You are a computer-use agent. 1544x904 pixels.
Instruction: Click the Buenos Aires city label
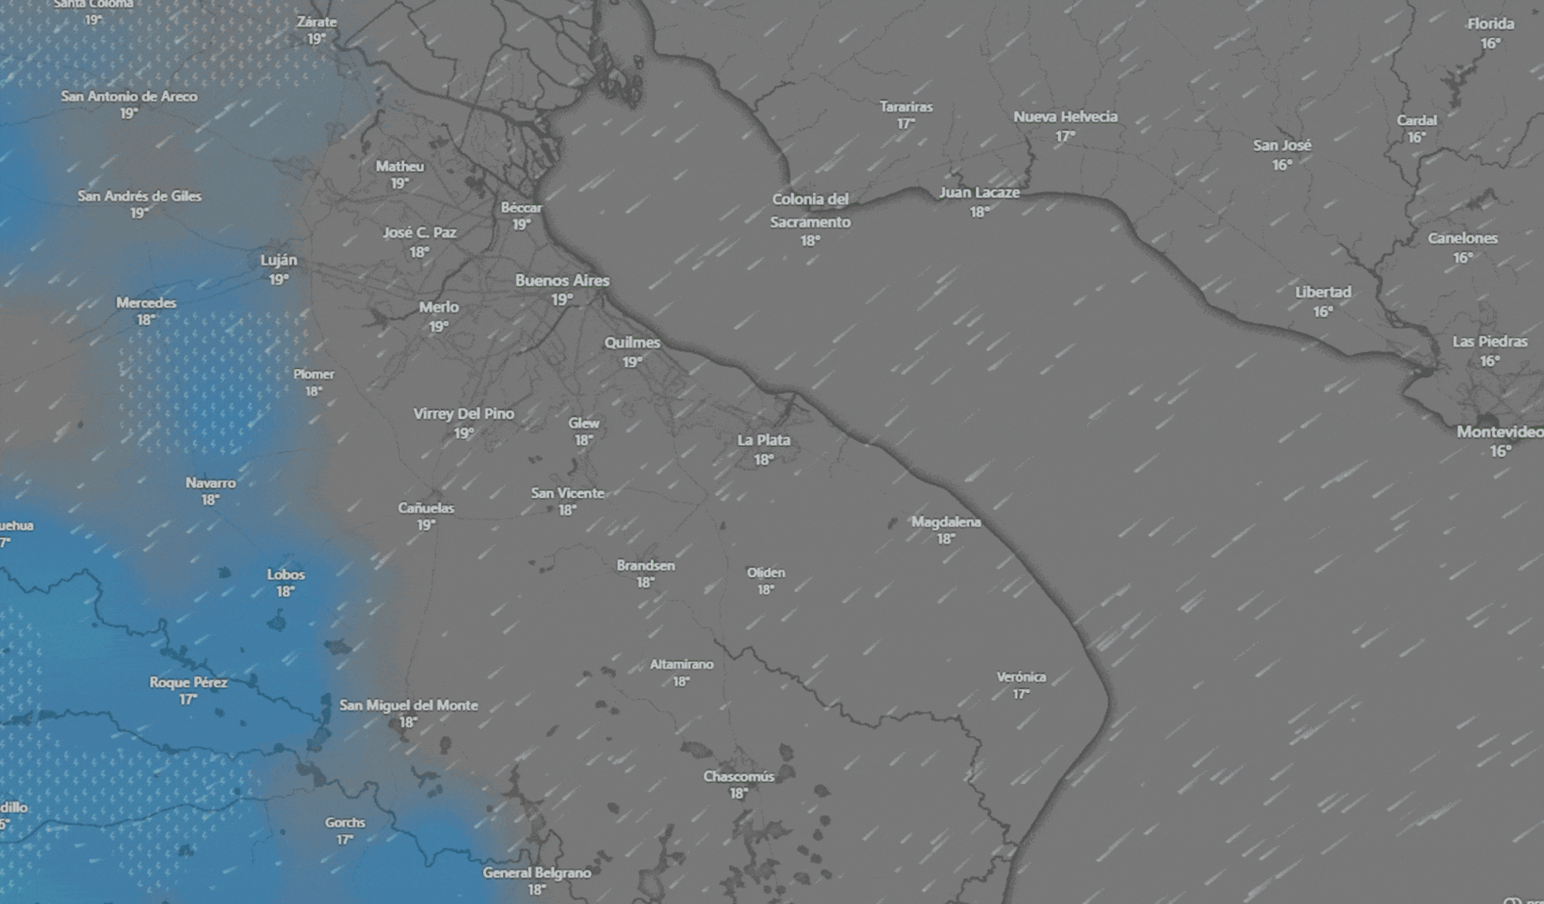click(x=562, y=280)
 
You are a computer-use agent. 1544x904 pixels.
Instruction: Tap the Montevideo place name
click(x=1500, y=432)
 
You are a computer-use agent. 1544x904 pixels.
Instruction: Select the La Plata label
click(x=763, y=440)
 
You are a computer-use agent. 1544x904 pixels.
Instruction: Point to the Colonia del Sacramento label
click(x=810, y=210)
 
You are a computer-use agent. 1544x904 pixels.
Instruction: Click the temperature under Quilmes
click(x=632, y=362)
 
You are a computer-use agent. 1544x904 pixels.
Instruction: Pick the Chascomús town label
click(x=738, y=776)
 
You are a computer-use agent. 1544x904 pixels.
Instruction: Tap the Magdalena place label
click(x=946, y=521)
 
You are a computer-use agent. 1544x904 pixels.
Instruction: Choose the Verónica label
click(x=1021, y=676)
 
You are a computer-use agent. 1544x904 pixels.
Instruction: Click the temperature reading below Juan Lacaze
click(x=979, y=212)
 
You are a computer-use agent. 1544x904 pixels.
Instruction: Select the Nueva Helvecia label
click(x=1065, y=117)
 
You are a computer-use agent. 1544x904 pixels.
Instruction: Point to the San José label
click(x=1282, y=145)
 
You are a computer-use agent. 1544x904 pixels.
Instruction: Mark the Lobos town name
click(x=286, y=574)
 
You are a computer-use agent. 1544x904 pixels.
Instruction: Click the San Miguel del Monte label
click(x=408, y=705)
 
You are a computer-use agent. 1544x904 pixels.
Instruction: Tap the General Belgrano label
click(x=537, y=872)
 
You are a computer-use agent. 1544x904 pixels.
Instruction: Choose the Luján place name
click(x=279, y=260)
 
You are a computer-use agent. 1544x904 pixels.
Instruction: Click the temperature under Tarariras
click(x=906, y=124)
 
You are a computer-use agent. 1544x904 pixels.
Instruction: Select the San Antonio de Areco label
click(x=129, y=96)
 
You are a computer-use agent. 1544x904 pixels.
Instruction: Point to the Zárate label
click(x=316, y=22)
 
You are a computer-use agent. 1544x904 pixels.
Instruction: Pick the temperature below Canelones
click(x=1463, y=258)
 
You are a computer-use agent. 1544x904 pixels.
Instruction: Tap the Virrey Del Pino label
click(x=463, y=414)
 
